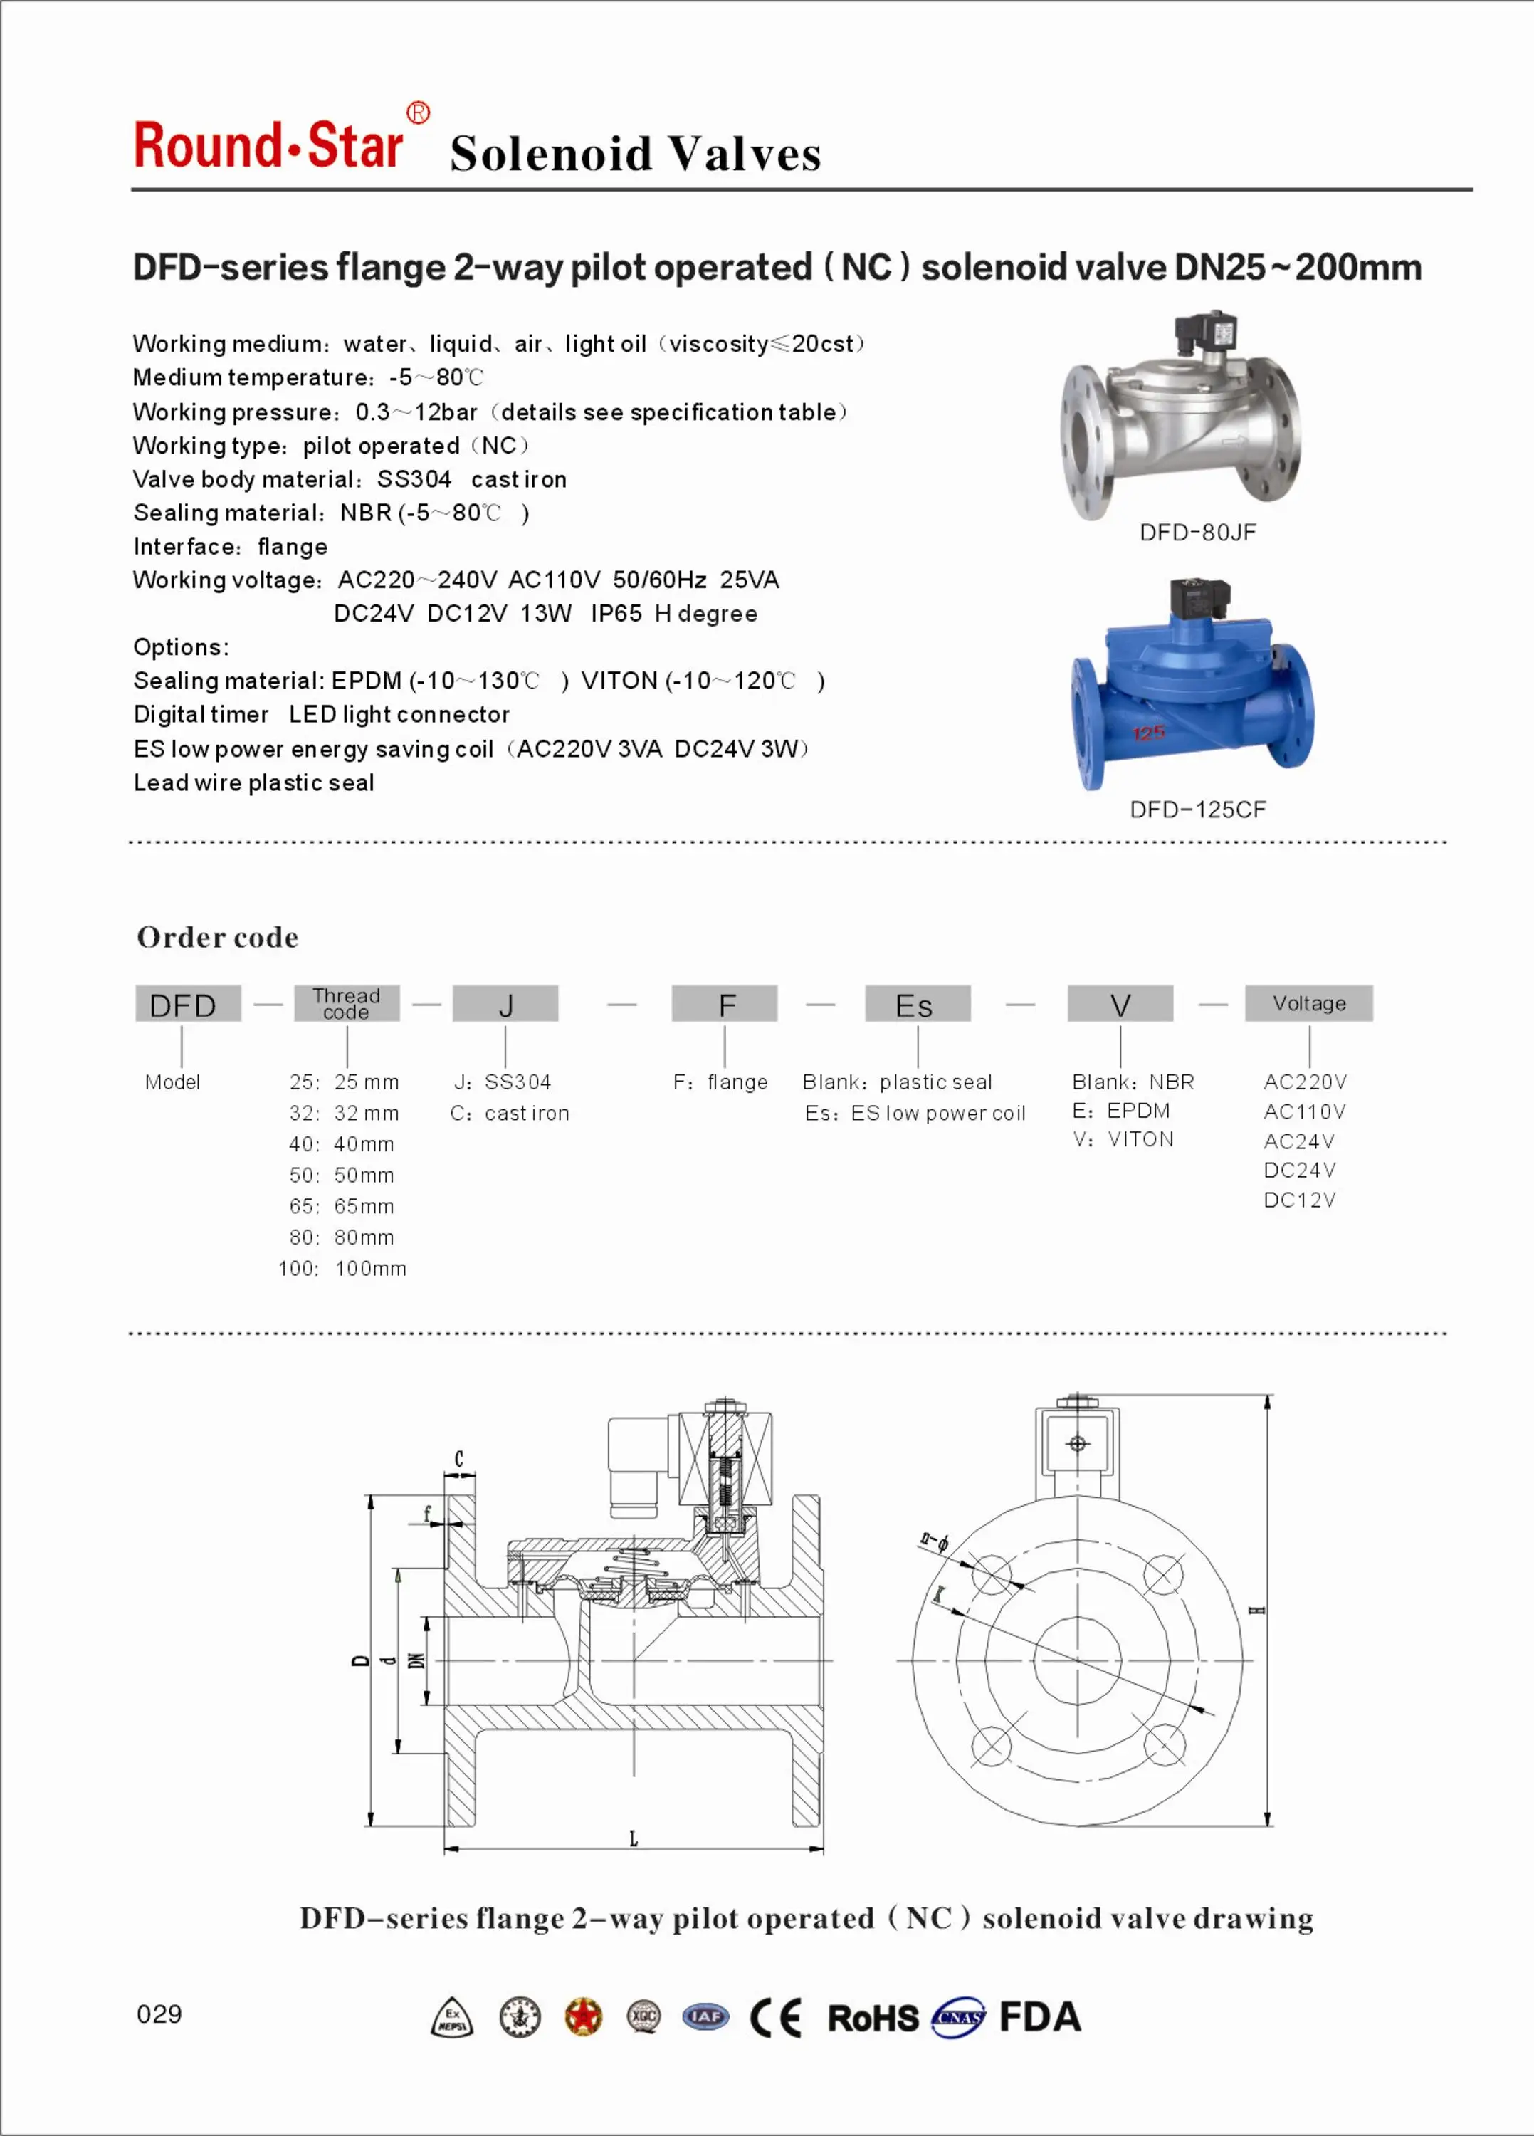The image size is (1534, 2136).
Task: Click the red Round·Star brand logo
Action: pyautogui.click(x=269, y=146)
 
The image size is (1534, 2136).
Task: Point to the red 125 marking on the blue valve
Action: pyautogui.click(x=1148, y=733)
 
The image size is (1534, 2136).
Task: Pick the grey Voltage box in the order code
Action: pyautogui.click(x=1308, y=1003)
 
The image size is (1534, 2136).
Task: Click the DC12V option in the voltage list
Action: pyautogui.click(x=1300, y=1200)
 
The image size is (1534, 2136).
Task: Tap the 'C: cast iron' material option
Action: pyautogui.click(x=510, y=1113)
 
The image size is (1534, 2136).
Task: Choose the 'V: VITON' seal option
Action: pyautogui.click(x=1123, y=1140)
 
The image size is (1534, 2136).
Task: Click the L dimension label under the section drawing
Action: pyautogui.click(x=634, y=1838)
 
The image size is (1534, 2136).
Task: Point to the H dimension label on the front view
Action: pyautogui.click(x=1256, y=1610)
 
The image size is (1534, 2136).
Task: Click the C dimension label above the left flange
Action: pyautogui.click(x=458, y=1459)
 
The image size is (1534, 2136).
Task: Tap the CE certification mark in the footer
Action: pyautogui.click(x=775, y=2017)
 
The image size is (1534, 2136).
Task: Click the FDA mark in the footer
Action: pyautogui.click(x=1039, y=2016)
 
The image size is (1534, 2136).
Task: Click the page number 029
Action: pyautogui.click(x=159, y=2014)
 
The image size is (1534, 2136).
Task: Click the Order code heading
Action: pyautogui.click(x=218, y=937)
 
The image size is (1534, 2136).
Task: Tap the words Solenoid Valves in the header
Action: pyautogui.click(x=635, y=154)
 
